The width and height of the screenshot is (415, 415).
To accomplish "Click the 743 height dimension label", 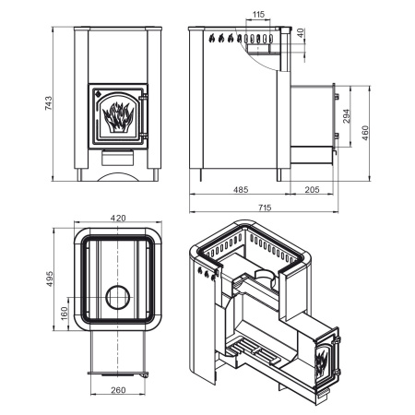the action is click(x=49, y=103).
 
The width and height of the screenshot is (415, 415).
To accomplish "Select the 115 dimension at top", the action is click(x=258, y=14).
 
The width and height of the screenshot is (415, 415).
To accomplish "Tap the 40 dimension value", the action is click(x=301, y=33).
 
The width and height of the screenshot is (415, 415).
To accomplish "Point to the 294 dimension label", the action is click(x=347, y=116).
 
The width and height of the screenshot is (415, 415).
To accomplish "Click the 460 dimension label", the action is click(x=365, y=133).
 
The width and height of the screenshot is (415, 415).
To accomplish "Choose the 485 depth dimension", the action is click(x=241, y=190).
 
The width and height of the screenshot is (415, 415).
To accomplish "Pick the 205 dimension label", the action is click(x=312, y=190).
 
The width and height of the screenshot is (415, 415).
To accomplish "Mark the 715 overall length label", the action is click(x=265, y=207).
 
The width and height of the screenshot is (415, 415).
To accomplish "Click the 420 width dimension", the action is click(x=118, y=218).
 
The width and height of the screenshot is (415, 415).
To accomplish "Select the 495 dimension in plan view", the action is click(x=50, y=279).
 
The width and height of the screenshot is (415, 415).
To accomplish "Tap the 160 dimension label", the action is click(x=65, y=314).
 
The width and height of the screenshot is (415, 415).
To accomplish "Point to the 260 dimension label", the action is click(x=118, y=390).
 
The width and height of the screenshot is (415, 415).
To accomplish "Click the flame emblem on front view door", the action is click(x=118, y=117).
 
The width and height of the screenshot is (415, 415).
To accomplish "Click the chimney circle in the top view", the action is click(x=118, y=297).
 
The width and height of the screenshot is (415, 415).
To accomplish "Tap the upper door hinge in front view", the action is click(x=143, y=98).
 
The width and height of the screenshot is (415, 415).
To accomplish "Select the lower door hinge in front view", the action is click(x=143, y=136).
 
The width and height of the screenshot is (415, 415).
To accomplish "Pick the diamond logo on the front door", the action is click(x=98, y=93).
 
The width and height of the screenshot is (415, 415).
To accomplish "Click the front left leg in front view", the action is click(x=79, y=174).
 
